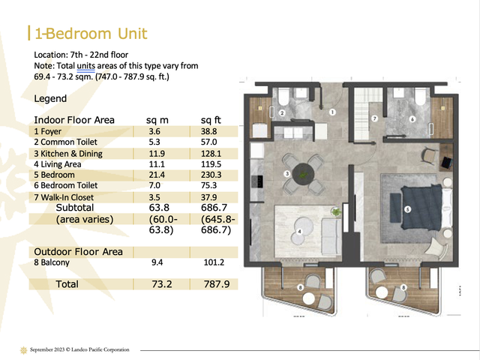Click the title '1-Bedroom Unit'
(91, 33)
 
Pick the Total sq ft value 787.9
(217, 284)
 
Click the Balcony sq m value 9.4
(157, 262)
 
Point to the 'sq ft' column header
(211, 120)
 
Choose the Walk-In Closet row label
(64, 197)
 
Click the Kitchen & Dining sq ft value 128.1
(211, 153)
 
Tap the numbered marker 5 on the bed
(407, 209)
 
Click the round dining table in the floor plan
(303, 175)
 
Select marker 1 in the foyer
(332, 112)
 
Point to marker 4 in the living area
(299, 232)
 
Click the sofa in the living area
(331, 232)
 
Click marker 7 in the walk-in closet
(374, 118)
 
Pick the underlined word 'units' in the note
(85, 66)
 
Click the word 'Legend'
(50, 98)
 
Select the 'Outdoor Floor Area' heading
(78, 252)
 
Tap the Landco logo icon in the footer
(23, 350)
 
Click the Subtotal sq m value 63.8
(159, 208)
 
